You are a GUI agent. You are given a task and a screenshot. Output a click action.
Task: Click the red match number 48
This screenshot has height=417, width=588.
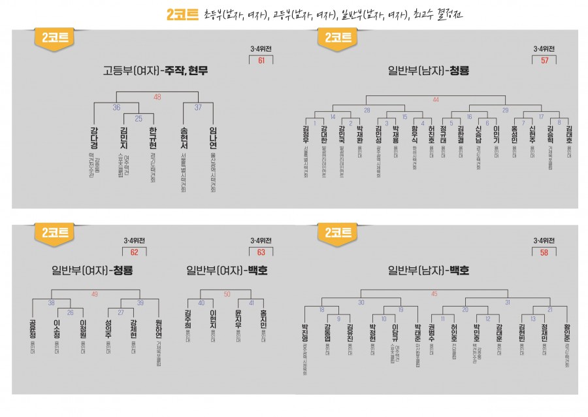click(x=157, y=97)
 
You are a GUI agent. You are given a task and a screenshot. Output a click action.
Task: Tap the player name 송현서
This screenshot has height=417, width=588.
click(x=183, y=141)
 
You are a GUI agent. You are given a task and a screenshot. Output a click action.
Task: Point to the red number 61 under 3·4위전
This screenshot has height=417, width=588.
click(x=261, y=61)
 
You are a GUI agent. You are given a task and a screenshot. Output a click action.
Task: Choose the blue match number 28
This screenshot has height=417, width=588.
click(x=367, y=110)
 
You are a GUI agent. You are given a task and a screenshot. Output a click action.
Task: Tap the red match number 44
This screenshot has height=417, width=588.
click(x=436, y=99)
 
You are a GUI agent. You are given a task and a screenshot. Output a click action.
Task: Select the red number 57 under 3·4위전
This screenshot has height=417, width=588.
click(x=544, y=61)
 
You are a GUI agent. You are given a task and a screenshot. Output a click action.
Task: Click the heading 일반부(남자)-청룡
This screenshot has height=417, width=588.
click(x=429, y=70)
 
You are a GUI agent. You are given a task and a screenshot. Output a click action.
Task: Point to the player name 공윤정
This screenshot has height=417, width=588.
click(x=33, y=329)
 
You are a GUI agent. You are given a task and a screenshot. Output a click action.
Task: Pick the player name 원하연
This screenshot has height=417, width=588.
click(x=158, y=329)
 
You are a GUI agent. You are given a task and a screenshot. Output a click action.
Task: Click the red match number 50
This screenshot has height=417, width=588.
click(x=227, y=293)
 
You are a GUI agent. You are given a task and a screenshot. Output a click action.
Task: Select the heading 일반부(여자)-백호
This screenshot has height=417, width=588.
click(x=226, y=270)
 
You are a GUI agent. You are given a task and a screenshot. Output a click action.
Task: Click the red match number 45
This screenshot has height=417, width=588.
click(x=434, y=293)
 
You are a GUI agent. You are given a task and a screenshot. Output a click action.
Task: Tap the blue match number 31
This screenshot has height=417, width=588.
click(x=507, y=302)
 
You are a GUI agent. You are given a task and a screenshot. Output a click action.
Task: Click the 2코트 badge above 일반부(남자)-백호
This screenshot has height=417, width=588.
click(x=338, y=233)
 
